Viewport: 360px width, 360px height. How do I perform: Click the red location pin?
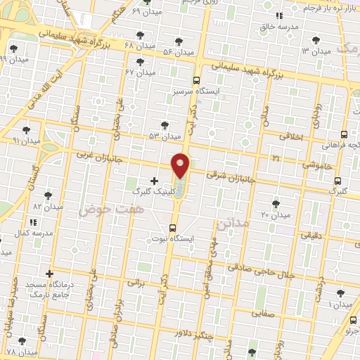click(181, 165)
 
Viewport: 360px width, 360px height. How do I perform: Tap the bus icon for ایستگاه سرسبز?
click(196, 80)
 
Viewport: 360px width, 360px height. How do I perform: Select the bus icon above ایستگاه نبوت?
click(173, 227)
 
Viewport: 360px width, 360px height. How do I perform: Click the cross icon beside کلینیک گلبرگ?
click(155, 181)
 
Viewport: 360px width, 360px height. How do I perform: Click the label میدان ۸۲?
click(48, 206)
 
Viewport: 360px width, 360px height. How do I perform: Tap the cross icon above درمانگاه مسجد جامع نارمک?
click(49, 274)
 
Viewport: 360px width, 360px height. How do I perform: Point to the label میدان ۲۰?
click(276, 214)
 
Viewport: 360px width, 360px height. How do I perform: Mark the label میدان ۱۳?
click(316, 51)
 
